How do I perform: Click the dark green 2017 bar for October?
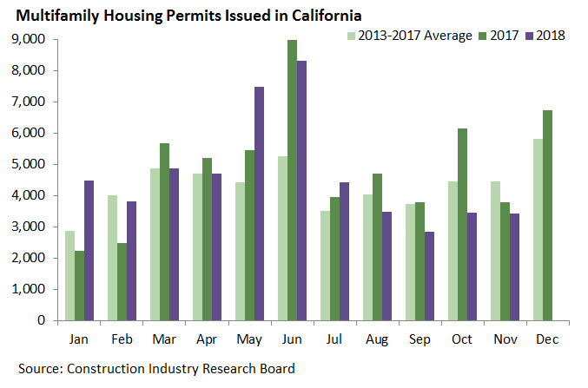pos(462,224)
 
